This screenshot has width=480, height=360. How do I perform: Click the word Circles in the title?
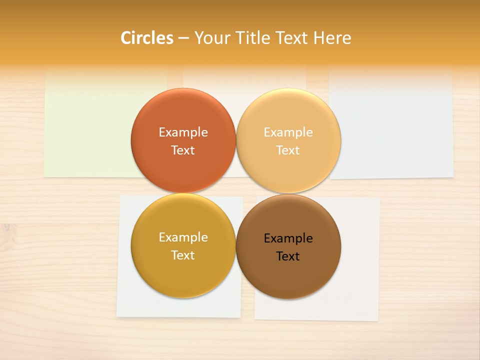[146, 38]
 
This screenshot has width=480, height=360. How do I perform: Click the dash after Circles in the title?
[183, 38]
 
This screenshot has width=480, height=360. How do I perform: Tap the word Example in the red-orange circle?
[183, 132]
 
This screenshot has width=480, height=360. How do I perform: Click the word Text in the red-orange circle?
[183, 150]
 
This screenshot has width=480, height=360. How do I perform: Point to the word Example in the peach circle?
[288, 132]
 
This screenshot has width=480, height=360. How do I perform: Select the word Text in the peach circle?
[288, 150]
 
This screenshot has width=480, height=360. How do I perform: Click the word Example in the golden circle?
[183, 237]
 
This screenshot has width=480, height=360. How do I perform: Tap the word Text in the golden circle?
[183, 255]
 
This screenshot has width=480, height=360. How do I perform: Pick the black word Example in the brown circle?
[288, 238]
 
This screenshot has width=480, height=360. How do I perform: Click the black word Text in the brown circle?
[288, 256]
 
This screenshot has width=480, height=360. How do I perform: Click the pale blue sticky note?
[395, 125]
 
